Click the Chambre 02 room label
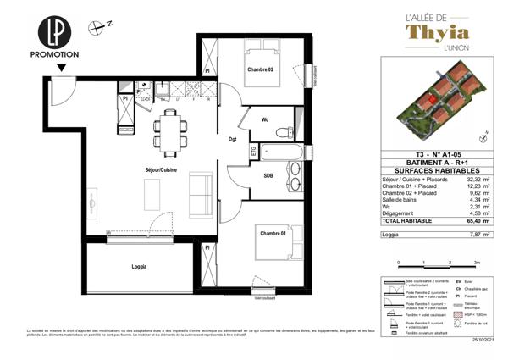coord(260,69)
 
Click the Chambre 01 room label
coord(274,233)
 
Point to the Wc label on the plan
coord(265,119)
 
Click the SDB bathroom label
coord(268,175)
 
